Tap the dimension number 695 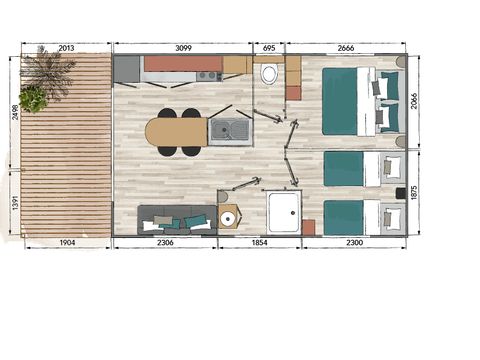click(x=268, y=48)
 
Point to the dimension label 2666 click(x=345, y=48)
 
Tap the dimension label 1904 click(x=63, y=242)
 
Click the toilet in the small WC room click(x=269, y=74)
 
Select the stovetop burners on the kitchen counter click(x=208, y=75)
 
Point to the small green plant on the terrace click(x=33, y=99)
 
